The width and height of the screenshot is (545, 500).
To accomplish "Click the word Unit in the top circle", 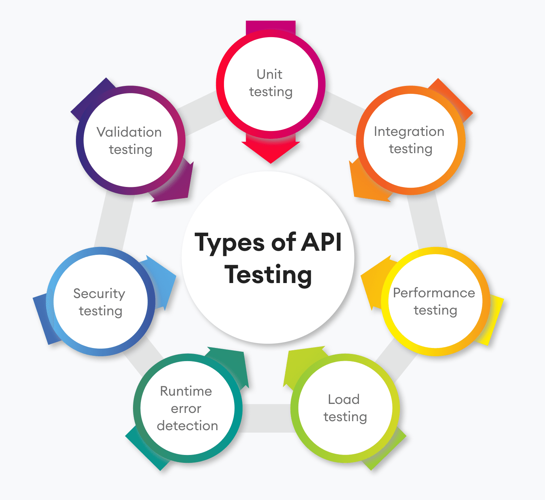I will pos(269,74).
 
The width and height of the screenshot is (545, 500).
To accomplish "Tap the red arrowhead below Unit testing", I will pos(271,150).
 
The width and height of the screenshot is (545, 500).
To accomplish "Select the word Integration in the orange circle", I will pos(409,132).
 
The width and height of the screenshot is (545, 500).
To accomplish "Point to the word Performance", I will pos(434,293).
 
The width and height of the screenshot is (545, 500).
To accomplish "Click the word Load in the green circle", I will pos(344,399).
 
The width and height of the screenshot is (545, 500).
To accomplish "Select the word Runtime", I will pos(186,391).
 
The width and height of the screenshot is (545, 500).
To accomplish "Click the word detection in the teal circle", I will pos(187,426).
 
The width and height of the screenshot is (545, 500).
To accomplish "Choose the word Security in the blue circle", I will pos(99,294).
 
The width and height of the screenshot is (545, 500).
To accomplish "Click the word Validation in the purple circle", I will pos(129,132).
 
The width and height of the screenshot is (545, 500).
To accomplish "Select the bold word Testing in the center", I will pos(268,275).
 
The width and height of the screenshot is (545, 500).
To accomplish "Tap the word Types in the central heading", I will pos(229,243).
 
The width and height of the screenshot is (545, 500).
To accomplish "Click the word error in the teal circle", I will pos(186,408).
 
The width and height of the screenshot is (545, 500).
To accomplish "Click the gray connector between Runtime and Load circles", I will pos(266,418).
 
